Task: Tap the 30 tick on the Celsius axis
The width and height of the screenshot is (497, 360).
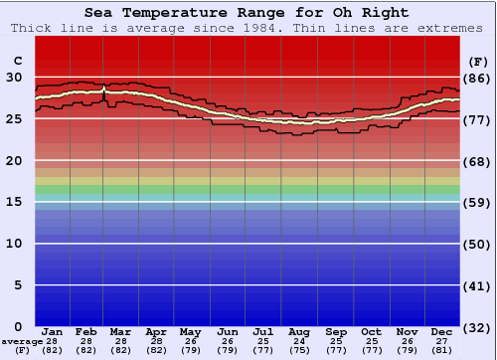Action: coord(15,77)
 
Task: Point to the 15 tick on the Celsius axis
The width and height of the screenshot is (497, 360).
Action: coord(15,202)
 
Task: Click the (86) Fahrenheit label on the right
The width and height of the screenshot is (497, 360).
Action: coord(476,78)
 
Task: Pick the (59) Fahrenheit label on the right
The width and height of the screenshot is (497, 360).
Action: coord(476,203)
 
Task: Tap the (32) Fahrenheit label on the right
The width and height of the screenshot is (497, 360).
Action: coord(476,327)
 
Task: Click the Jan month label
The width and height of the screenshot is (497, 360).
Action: coord(53,332)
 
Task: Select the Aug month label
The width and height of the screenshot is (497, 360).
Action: coord(299,332)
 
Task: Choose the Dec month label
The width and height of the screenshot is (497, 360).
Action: coord(442,332)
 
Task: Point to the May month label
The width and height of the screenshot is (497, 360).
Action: coord(190,332)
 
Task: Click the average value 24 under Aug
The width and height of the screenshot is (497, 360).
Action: coord(299,341)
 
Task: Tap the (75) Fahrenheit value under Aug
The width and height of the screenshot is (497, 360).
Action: coord(299,350)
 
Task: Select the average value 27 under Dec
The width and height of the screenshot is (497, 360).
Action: coord(442,341)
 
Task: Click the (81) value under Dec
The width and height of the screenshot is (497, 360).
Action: coord(442,350)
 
